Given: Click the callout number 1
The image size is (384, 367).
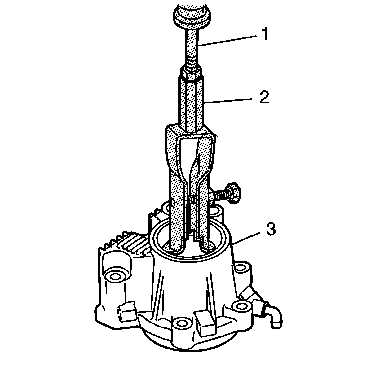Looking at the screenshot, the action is pos(264,34).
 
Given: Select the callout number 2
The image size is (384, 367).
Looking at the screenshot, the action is pos(264,97).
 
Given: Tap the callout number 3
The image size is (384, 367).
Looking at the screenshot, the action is pos(271,229).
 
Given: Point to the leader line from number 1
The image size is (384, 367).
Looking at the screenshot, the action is pos(228,41).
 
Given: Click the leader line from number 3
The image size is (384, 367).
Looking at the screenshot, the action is pos(247,237).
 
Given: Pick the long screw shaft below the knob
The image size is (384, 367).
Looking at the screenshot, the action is pos(192,47).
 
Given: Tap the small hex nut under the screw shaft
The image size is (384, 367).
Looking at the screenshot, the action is pos(191,73).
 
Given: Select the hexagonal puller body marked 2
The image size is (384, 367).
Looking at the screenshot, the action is pos(191,104).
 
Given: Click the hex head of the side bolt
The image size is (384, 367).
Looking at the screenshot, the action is pos(232,193).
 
